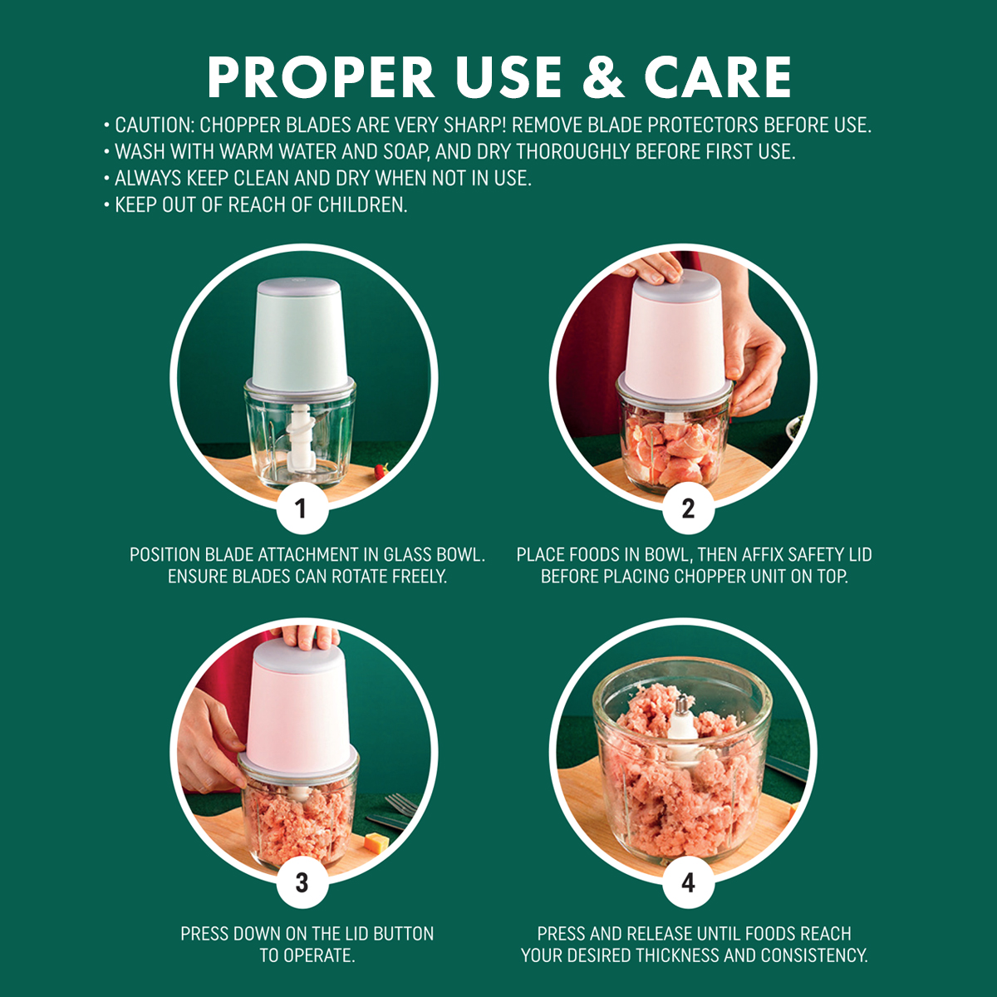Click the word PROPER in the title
click(321, 77)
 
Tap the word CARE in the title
click(718, 77)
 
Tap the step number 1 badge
click(302, 508)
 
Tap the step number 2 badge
click(688, 508)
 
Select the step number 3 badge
click(302, 882)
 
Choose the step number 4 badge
click(688, 882)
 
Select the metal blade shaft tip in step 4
click(682, 704)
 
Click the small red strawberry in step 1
click(381, 470)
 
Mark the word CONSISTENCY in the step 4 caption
click(814, 955)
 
